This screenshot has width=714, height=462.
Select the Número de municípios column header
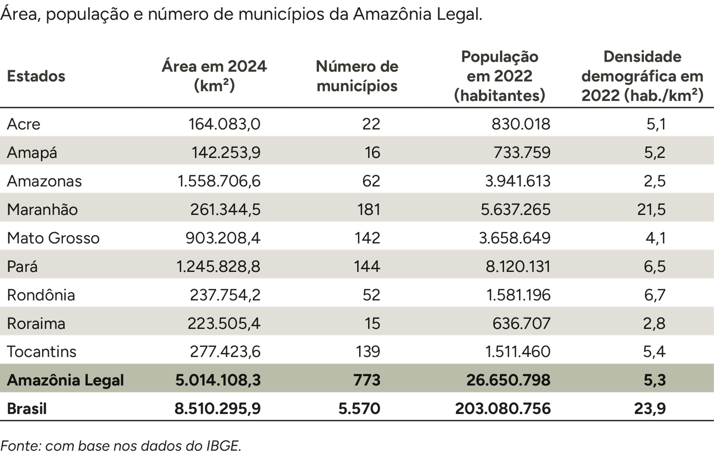click(357, 76)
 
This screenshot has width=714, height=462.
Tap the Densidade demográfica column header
click(642, 76)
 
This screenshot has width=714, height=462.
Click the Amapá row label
click(32, 152)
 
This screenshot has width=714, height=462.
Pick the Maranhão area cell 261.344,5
click(225, 209)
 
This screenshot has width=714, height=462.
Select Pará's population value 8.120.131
click(518, 266)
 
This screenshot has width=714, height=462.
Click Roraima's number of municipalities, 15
click(372, 323)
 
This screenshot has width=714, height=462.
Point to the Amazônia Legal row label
click(65, 380)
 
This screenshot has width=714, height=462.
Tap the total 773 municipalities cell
click(366, 380)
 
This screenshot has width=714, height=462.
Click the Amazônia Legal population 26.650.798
click(508, 380)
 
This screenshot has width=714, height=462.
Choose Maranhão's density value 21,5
click(651, 209)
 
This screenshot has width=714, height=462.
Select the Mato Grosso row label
click(53, 238)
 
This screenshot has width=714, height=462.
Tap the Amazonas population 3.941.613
click(518, 181)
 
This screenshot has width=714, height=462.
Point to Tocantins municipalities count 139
click(367, 351)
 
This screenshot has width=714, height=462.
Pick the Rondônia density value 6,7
click(655, 295)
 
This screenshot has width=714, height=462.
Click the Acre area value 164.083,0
click(224, 124)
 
